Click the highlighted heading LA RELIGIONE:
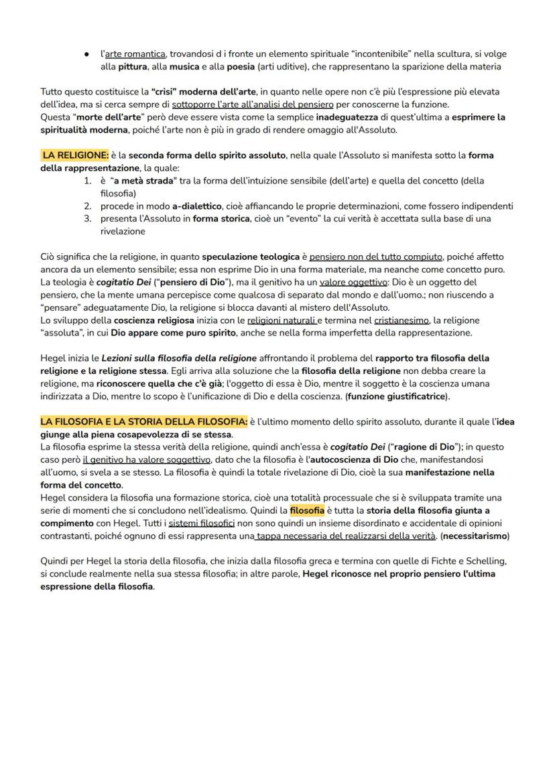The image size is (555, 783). click(x=75, y=155)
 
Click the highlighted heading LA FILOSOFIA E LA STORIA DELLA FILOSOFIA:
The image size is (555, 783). click(x=143, y=421)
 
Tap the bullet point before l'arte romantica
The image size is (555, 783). click(x=87, y=54)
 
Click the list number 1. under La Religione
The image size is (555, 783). click(x=87, y=181)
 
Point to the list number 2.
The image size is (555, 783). click(x=87, y=206)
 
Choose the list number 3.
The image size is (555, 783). click(x=87, y=218)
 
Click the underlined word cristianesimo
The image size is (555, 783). click(x=401, y=320)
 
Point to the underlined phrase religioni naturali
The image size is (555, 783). click(x=282, y=320)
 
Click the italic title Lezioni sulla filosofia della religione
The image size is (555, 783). click(x=179, y=358)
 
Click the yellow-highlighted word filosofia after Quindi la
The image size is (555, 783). click(x=307, y=510)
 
